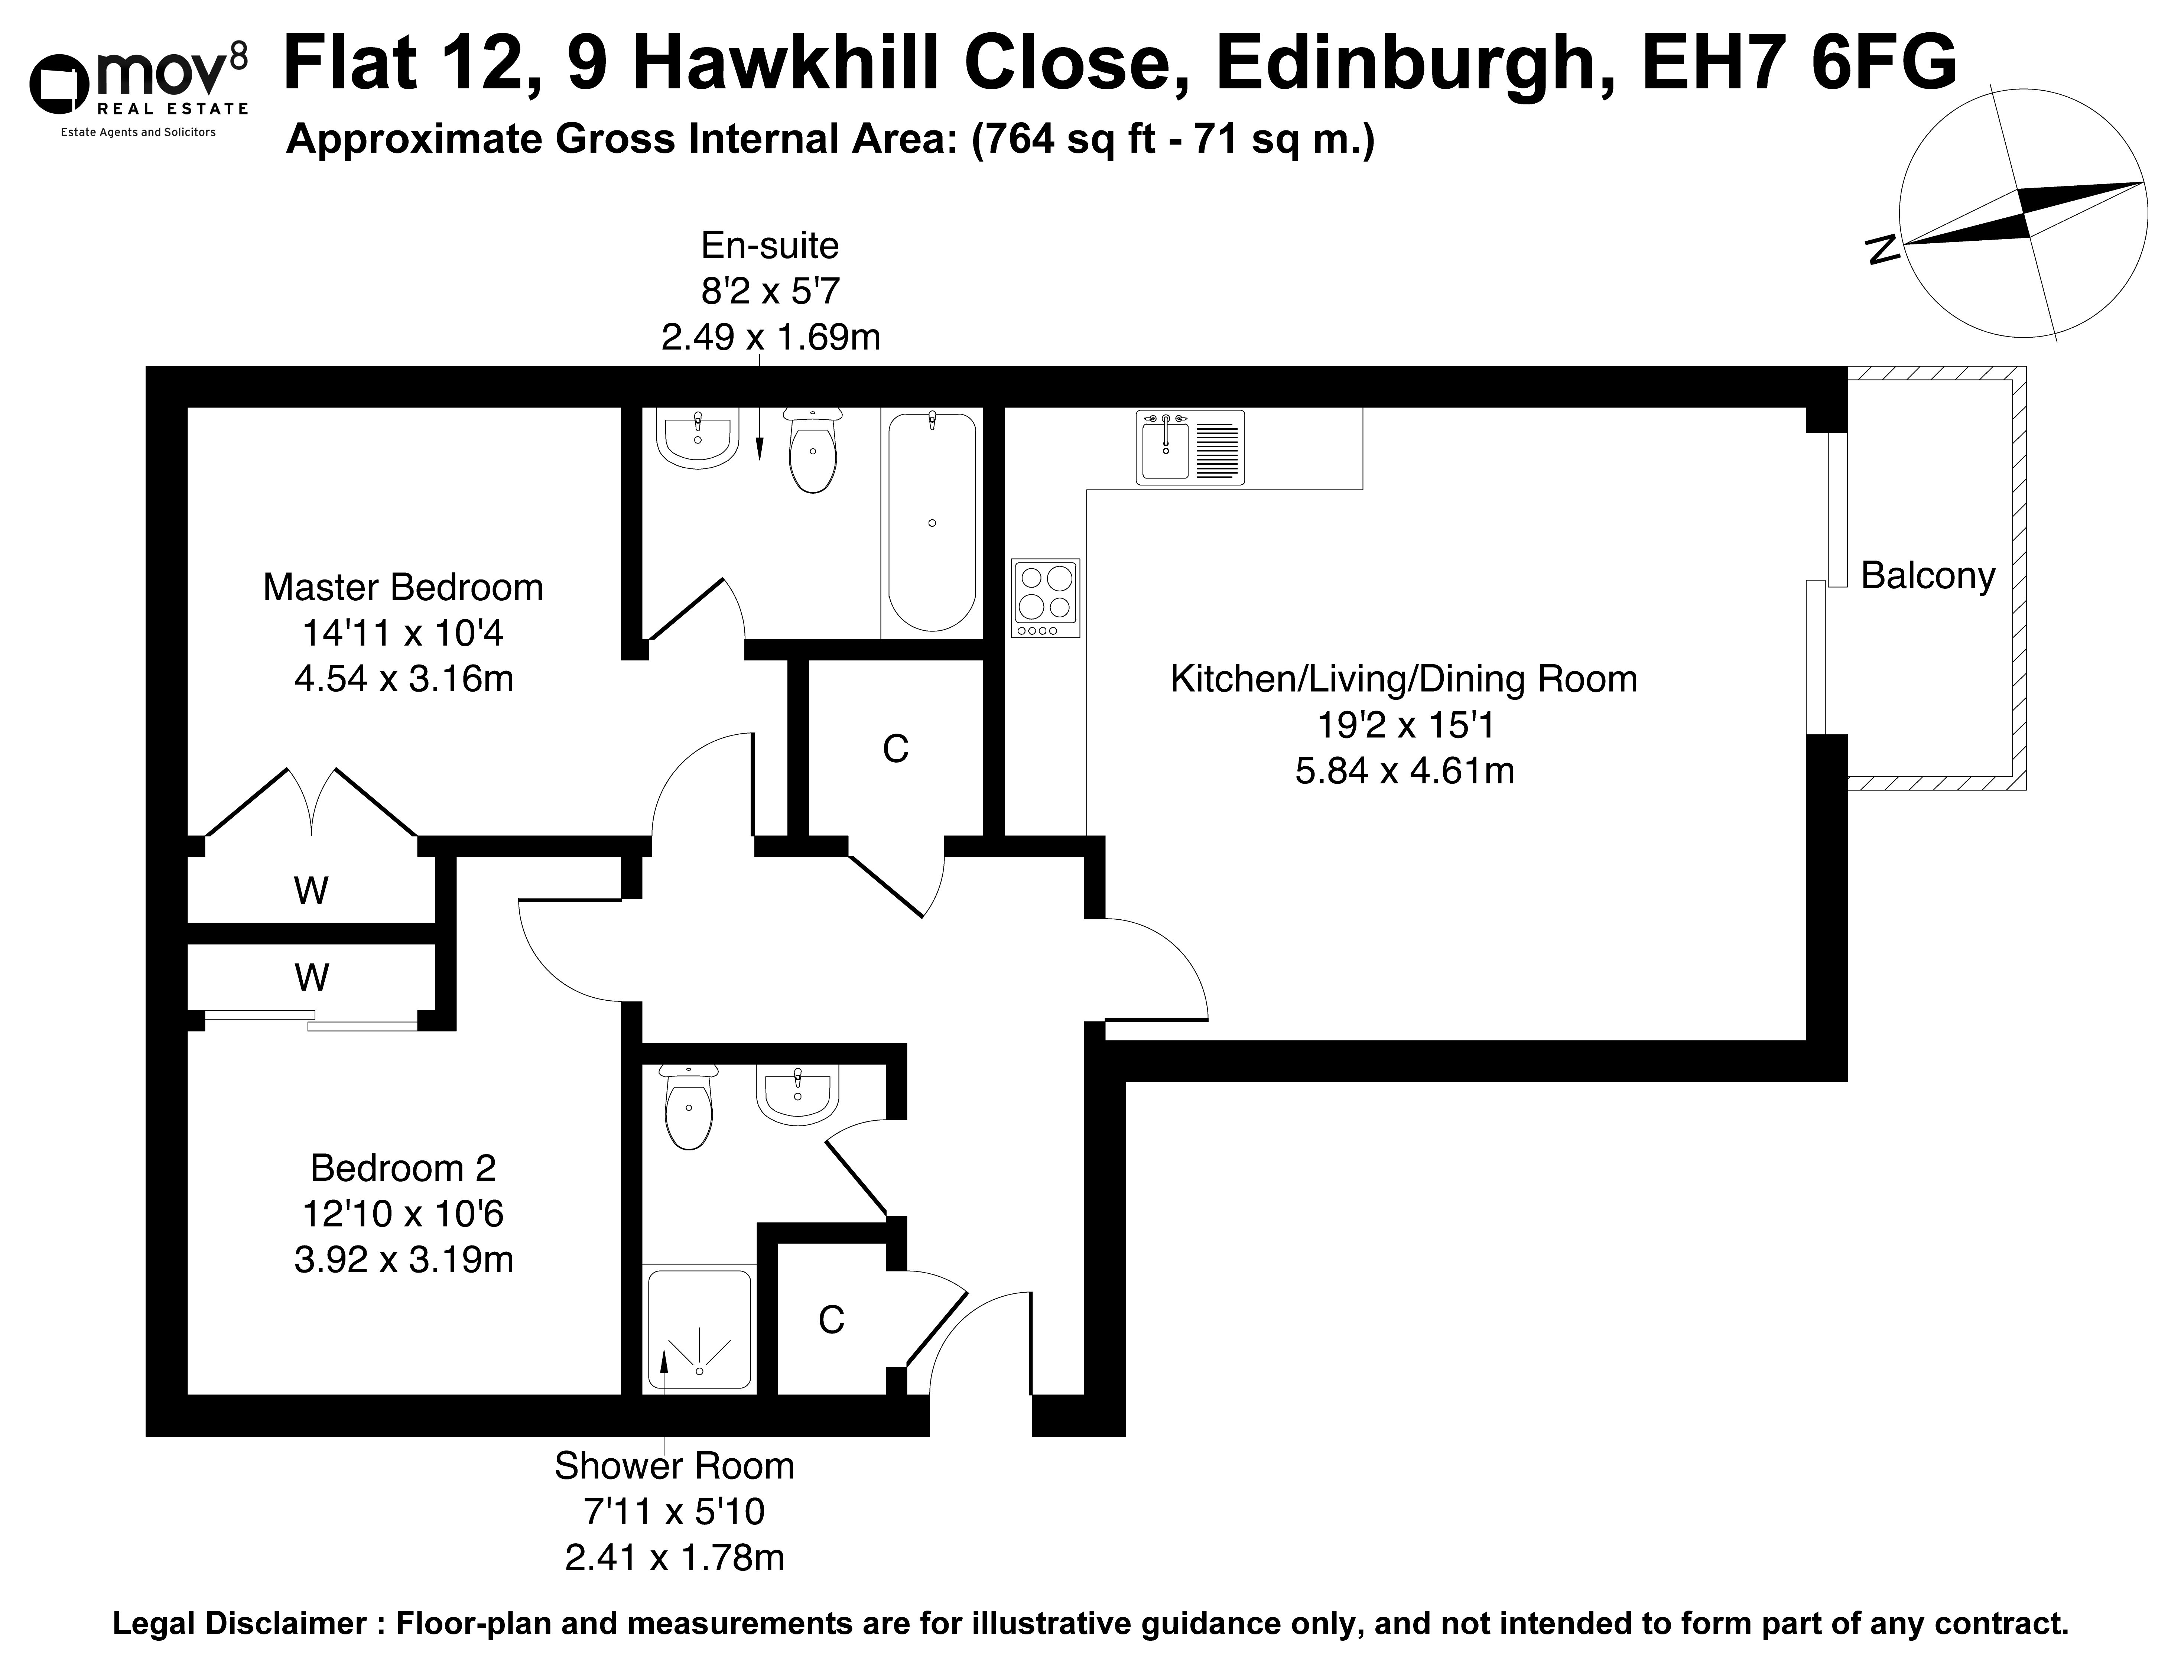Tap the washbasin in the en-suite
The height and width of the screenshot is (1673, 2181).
(x=697, y=438)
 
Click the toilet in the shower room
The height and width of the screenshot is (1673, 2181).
(x=688, y=1107)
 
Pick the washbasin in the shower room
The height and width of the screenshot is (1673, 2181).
(x=798, y=1094)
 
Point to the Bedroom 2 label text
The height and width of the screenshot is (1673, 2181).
(x=403, y=1167)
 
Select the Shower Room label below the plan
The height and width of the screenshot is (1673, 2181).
(x=674, y=1466)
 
